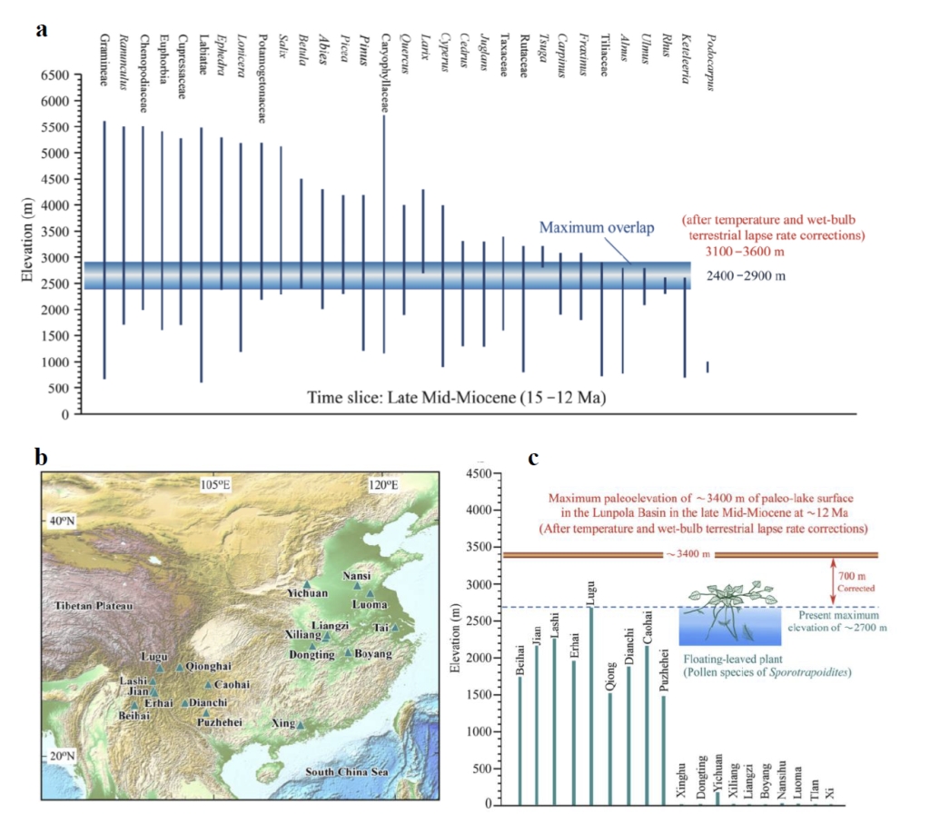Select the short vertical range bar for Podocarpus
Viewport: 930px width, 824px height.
point(707,366)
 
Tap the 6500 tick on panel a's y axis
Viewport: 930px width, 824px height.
point(55,74)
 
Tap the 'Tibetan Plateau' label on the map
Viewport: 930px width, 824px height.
point(79,605)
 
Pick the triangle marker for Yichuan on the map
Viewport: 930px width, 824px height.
point(307,584)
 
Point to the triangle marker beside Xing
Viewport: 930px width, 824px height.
point(300,724)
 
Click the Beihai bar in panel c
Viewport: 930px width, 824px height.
point(519,740)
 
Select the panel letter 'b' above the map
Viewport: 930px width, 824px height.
point(41,456)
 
